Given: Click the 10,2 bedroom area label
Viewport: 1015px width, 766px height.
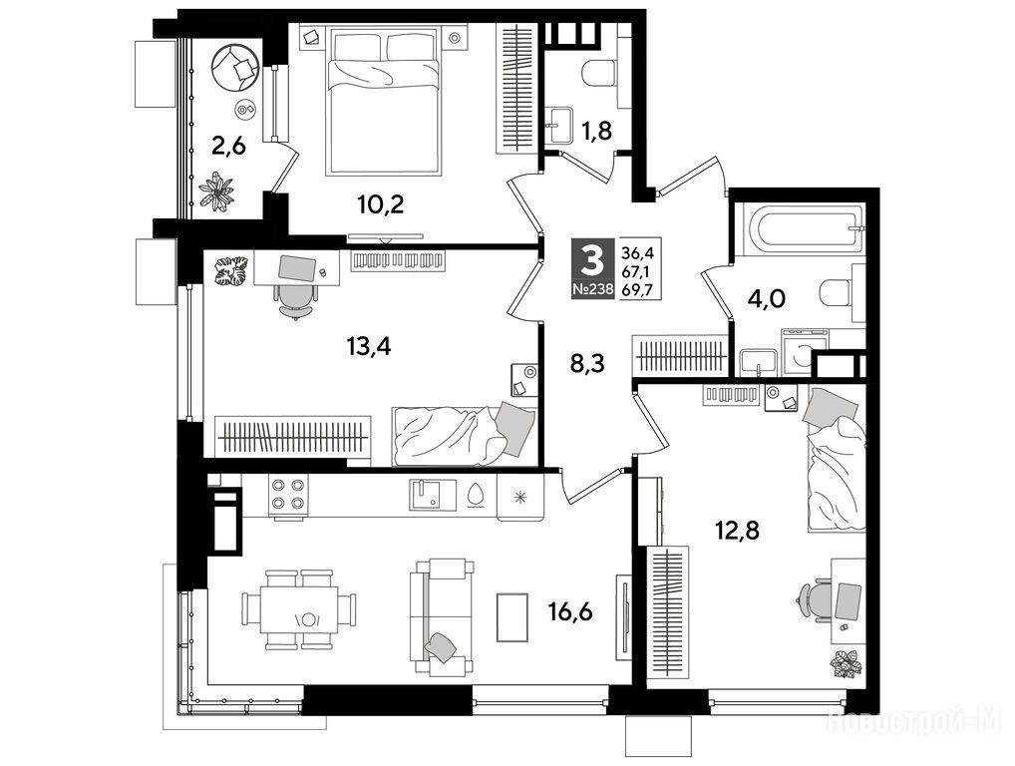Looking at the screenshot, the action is tap(381, 204).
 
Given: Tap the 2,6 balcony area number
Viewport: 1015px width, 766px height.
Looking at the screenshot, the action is tap(228, 147).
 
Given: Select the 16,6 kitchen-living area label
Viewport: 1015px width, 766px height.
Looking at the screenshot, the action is tap(571, 610).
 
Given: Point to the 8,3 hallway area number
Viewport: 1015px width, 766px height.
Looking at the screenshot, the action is tap(587, 363).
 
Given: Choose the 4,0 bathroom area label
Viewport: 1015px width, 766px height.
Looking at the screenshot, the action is tap(768, 298).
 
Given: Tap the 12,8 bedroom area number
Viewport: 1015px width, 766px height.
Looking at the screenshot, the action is tap(737, 531).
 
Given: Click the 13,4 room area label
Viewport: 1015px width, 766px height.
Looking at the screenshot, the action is tap(369, 347).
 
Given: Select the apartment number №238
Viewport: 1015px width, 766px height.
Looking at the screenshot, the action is tap(592, 289).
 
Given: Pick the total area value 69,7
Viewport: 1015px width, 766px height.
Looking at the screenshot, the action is tap(637, 289).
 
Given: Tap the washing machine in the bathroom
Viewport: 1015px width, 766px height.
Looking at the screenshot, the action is tap(806, 352).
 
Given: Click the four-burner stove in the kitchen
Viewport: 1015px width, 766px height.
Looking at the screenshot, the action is tap(288, 495).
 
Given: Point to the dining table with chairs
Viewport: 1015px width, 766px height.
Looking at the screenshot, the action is tap(299, 609).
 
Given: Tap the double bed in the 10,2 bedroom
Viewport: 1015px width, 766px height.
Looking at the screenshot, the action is tap(386, 103).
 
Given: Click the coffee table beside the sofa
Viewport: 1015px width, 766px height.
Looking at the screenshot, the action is tap(512, 617).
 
